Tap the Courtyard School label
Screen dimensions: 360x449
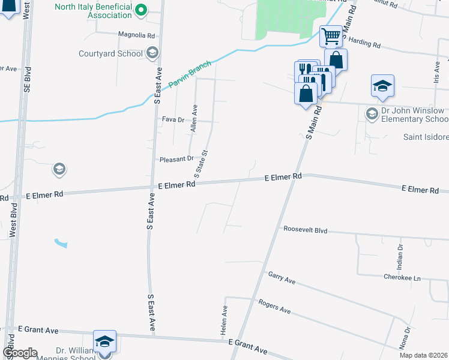point(111,53)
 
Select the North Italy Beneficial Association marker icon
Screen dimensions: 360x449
point(140,9)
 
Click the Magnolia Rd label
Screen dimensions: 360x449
point(136,35)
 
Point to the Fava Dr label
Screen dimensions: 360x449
point(173,119)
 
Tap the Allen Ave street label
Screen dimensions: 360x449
point(194,118)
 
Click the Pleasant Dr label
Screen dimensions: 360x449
point(176,159)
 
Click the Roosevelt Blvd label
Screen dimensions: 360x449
point(305,229)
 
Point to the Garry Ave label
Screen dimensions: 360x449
point(282,277)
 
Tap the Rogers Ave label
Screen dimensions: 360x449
point(274,307)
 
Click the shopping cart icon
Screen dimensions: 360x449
point(331,37)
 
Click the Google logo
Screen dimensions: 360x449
point(19,353)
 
